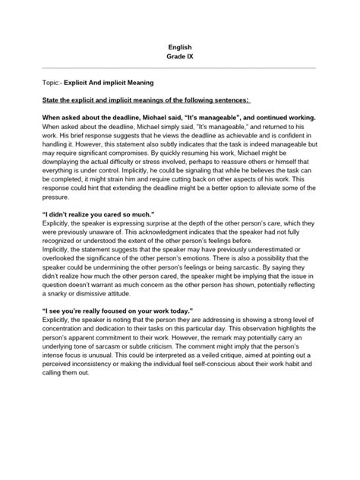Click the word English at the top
(x=180, y=47)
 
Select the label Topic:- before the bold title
(x=48, y=80)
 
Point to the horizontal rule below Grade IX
(x=180, y=68)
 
